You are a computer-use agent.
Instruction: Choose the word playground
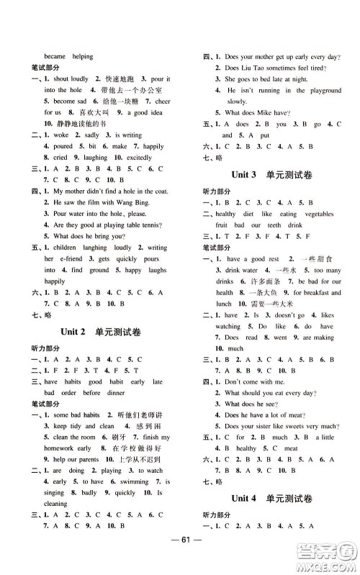click(321, 91)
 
